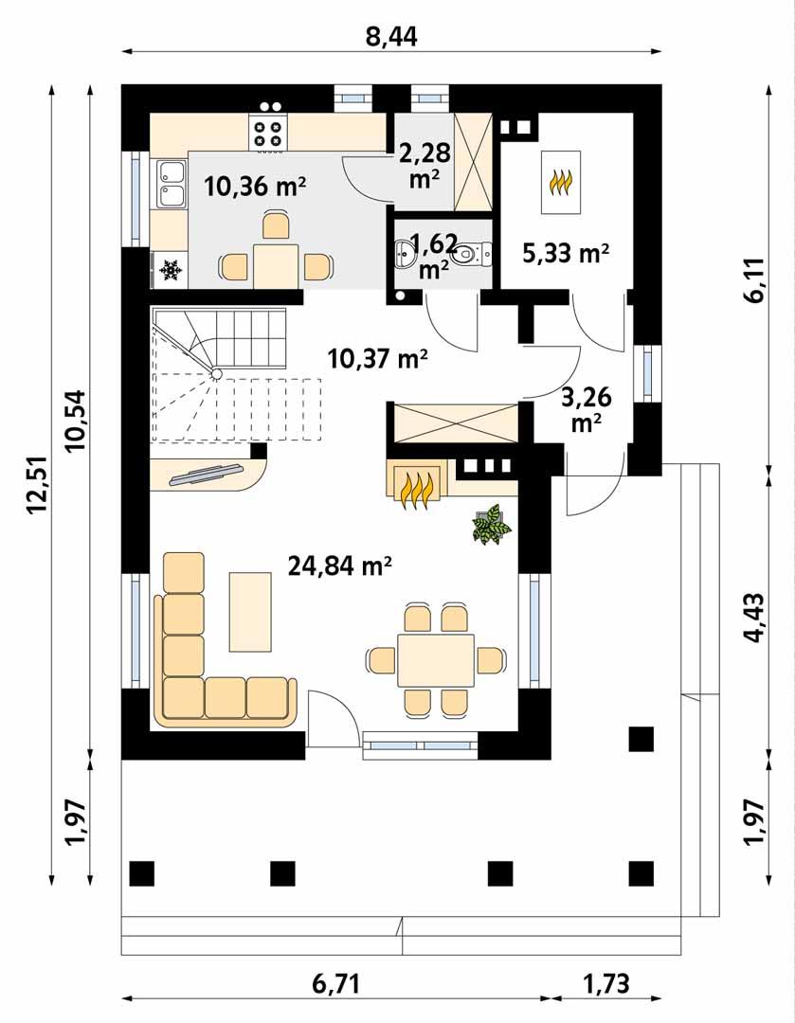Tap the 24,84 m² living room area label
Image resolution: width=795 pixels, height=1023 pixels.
340,565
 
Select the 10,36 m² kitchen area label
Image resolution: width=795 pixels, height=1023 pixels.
254,187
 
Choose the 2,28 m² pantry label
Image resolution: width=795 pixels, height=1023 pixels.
424,164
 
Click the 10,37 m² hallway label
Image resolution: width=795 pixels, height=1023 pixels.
377,358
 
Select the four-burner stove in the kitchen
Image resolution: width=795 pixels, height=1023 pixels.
267,132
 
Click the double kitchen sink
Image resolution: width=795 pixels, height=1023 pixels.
172,184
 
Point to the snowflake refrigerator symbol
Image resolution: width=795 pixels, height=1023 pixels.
171,272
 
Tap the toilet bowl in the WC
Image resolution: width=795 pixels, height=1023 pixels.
468,254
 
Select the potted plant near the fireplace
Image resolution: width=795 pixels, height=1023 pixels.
492,526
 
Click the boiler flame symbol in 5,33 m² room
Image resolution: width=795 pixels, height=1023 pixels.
561,182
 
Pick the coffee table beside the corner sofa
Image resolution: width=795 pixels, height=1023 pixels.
249,611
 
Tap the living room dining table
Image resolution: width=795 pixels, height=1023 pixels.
435,660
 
